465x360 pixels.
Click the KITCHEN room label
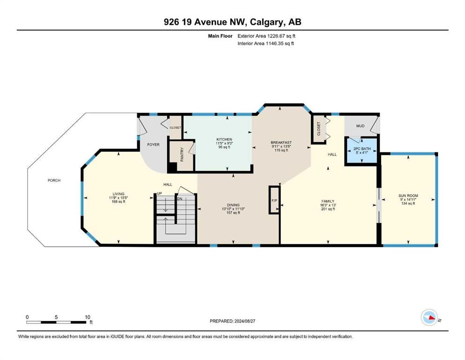tap(224, 140)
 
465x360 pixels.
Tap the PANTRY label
tap(182, 154)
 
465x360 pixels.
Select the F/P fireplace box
tap(274, 200)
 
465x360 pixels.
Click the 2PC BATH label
tap(362, 149)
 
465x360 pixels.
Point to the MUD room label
tap(360, 126)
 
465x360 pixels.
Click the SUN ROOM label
tap(408, 195)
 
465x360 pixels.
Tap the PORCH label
tap(54, 180)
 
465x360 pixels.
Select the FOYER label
tap(153, 144)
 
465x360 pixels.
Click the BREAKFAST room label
tap(281, 142)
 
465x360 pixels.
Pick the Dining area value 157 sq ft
tap(233, 212)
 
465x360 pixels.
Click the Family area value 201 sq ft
tap(328, 209)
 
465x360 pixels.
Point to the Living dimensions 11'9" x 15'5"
tap(118, 198)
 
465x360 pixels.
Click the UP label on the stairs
tap(160, 194)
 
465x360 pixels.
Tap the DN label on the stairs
tap(180, 199)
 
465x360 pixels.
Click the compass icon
tap(429, 317)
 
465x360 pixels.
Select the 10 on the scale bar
tap(88, 317)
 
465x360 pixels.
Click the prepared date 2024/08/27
tap(244, 321)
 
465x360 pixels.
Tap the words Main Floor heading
tap(220, 36)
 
